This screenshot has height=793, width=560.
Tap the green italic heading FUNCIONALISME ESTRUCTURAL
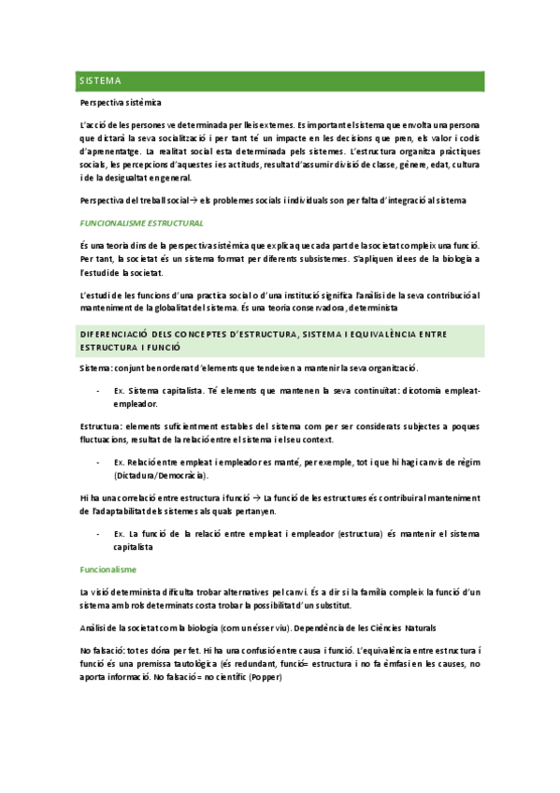(x=142, y=224)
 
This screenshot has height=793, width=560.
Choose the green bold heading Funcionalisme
(x=108, y=570)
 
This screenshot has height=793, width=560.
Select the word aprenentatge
(x=109, y=151)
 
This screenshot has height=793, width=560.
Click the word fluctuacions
(x=108, y=439)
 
